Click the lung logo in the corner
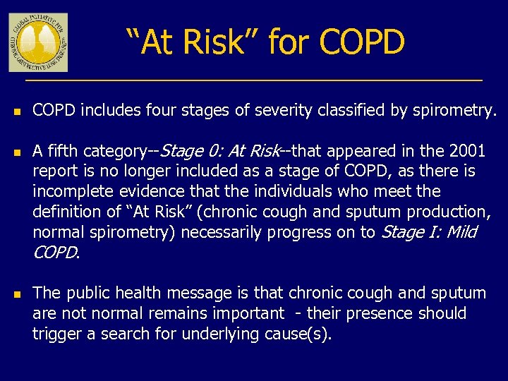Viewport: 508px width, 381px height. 38,42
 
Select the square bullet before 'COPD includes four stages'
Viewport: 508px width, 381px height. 15,111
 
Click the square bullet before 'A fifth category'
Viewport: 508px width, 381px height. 15,152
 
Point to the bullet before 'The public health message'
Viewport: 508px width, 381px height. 15,294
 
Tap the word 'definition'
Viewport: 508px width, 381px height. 66,212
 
